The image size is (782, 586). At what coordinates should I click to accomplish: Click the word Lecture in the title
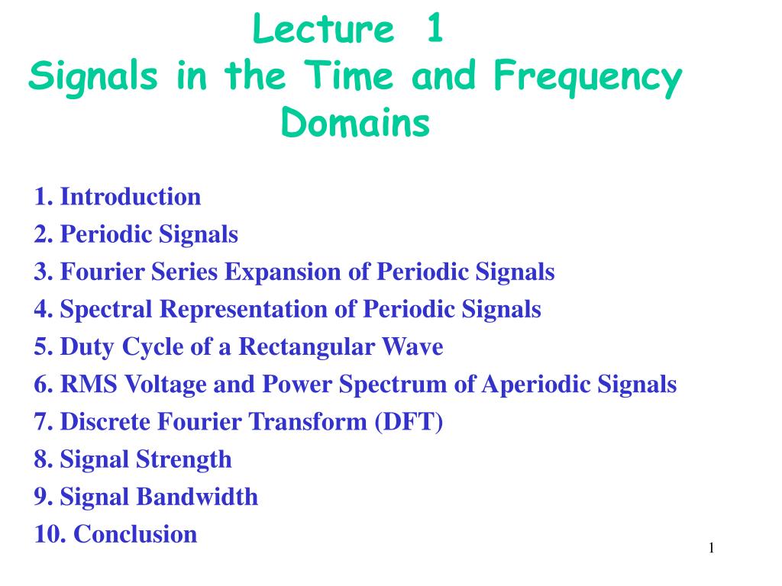click(x=324, y=28)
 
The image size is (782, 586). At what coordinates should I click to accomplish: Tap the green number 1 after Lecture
click(x=435, y=28)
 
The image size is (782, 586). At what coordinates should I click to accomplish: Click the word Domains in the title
click(x=355, y=122)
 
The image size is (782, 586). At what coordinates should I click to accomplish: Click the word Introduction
click(x=131, y=196)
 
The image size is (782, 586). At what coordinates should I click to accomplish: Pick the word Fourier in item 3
click(x=102, y=272)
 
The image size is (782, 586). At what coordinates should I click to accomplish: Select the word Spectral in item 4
click(x=105, y=310)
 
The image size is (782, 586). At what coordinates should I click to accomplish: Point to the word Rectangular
click(x=306, y=347)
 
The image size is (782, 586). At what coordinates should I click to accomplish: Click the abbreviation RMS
click(x=89, y=385)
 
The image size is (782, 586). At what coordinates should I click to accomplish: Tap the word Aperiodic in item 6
click(x=536, y=385)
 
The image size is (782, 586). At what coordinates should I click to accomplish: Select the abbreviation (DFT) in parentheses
click(x=409, y=422)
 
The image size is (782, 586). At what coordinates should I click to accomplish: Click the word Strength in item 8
click(x=184, y=459)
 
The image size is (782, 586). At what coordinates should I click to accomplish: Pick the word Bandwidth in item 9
click(x=197, y=497)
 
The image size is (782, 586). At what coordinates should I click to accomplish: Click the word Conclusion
click(x=135, y=534)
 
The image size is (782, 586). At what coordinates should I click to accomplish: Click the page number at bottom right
click(x=711, y=548)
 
